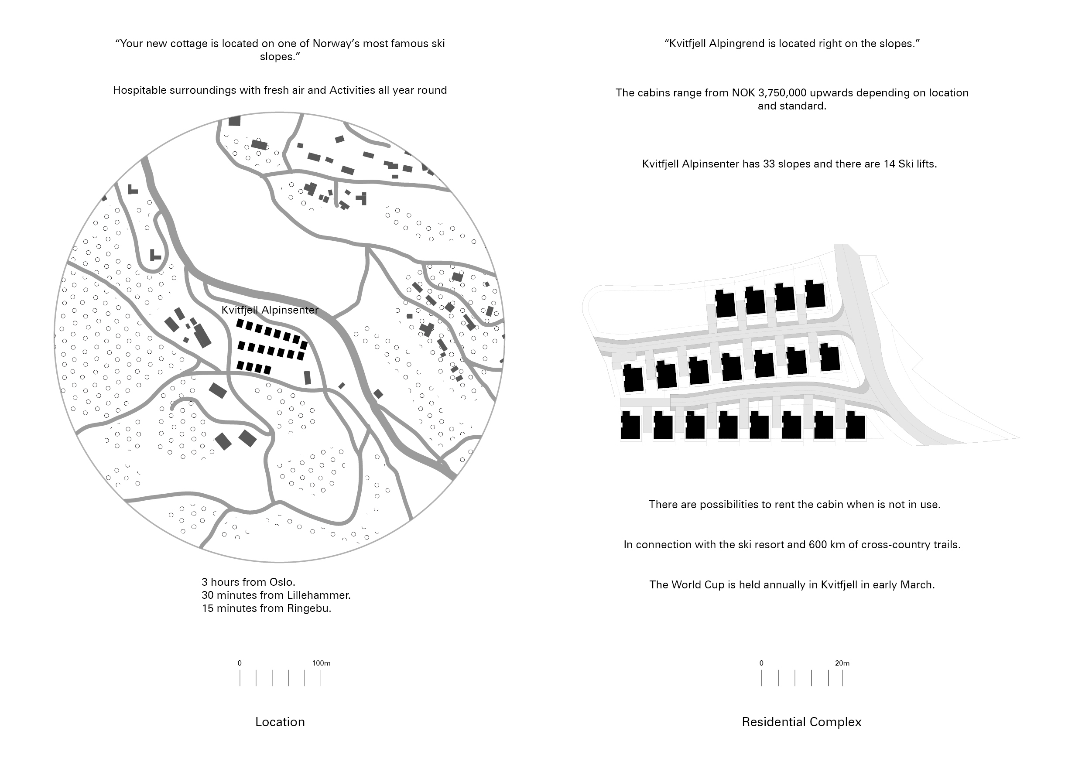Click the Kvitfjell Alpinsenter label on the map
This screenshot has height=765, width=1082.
(x=270, y=310)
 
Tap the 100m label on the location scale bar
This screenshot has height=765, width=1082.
(x=322, y=663)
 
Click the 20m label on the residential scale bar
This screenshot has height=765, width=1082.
(x=842, y=663)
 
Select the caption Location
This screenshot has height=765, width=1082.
(x=280, y=722)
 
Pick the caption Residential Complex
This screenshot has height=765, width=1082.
(x=801, y=722)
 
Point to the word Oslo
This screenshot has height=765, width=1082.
(x=282, y=582)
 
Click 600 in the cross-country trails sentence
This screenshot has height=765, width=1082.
(x=817, y=545)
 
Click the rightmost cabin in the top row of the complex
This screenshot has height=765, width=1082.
(x=815, y=294)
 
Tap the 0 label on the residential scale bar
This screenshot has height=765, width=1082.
(x=762, y=663)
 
